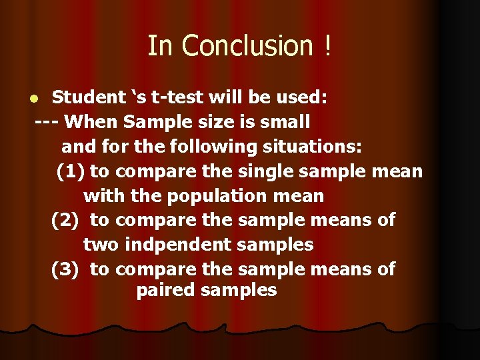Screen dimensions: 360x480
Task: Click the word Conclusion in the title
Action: coord(247,46)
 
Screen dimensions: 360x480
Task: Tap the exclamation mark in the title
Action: coord(327,46)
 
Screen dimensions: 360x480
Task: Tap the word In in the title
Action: coord(161,46)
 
